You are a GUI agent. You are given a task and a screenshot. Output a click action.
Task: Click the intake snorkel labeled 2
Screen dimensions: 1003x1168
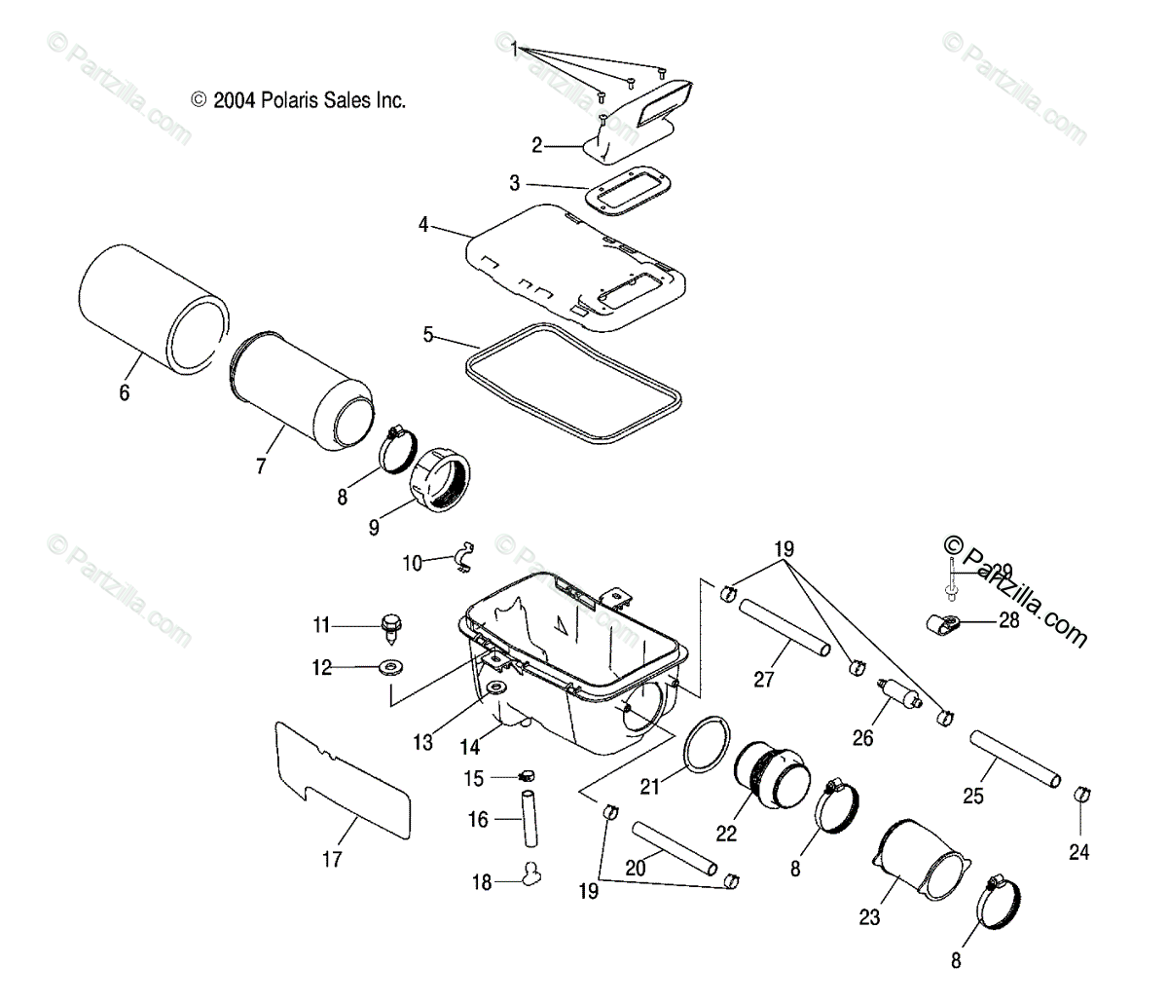tap(642, 117)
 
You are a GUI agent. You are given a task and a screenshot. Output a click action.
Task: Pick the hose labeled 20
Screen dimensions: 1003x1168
tap(674, 846)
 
